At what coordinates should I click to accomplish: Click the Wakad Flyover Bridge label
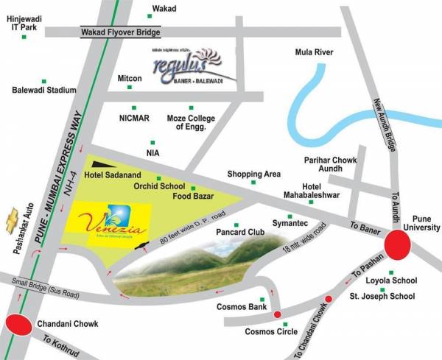pos(120,32)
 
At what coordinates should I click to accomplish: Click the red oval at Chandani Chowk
pos(18,325)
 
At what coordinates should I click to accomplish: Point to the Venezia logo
pos(109,219)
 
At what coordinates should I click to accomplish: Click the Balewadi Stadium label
pos(44,90)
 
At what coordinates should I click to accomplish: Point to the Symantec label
pos(290,222)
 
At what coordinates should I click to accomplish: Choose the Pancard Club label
pos(236,239)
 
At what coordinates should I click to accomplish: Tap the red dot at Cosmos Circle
pos(278,315)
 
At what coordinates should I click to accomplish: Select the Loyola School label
pos(395,280)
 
